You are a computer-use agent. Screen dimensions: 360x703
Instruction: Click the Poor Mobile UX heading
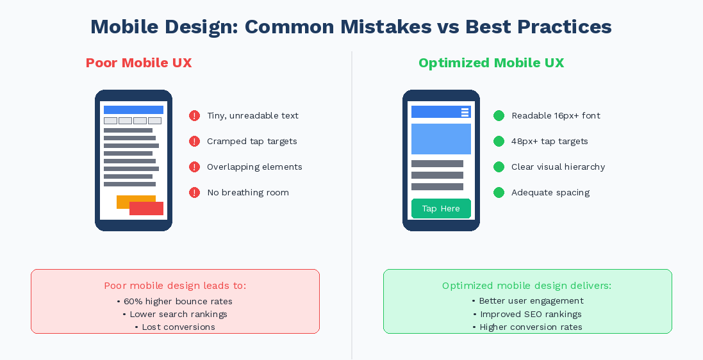138,63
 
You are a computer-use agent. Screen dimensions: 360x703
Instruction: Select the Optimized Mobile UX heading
491,63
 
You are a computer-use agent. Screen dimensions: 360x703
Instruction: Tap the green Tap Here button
441,209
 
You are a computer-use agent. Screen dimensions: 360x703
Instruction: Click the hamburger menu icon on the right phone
465,112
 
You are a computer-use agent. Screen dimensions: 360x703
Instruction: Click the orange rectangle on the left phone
124,200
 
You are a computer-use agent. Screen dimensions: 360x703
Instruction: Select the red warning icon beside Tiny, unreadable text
195,116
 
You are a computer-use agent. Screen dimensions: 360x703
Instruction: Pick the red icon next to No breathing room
195,193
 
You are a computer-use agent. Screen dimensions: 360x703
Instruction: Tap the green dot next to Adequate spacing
499,193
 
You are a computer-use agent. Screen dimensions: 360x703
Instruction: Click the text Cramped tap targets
252,142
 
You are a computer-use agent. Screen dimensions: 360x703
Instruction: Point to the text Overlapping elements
254,167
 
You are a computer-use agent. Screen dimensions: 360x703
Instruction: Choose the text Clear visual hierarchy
558,167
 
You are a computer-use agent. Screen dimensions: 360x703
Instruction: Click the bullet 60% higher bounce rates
175,301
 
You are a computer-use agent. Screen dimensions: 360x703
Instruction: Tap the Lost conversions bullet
175,327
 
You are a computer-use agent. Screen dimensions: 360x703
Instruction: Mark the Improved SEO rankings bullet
527,314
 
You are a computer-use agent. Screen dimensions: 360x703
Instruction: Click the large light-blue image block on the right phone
441,139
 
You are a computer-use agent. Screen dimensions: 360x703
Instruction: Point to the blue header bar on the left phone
133,110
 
